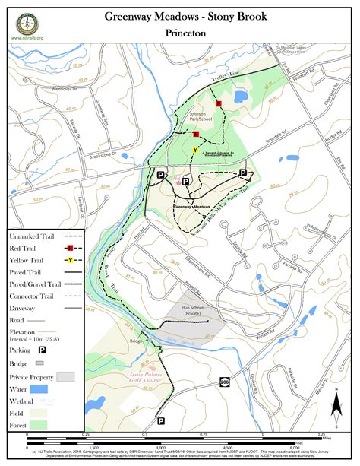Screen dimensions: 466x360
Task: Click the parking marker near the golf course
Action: [161, 420]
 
